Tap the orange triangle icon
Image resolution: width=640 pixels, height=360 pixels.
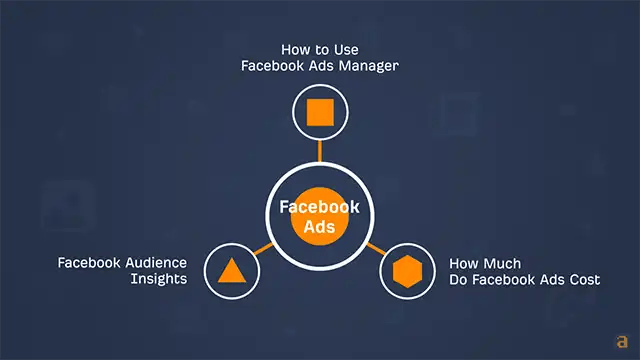(x=230, y=271)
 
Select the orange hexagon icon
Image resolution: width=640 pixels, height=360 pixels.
(x=408, y=271)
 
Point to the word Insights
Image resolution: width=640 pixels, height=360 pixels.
(x=158, y=279)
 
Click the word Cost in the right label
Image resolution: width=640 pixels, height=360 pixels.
(x=584, y=279)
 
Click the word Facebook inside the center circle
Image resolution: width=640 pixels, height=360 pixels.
(x=320, y=207)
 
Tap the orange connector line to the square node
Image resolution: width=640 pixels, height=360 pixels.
(x=320, y=150)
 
